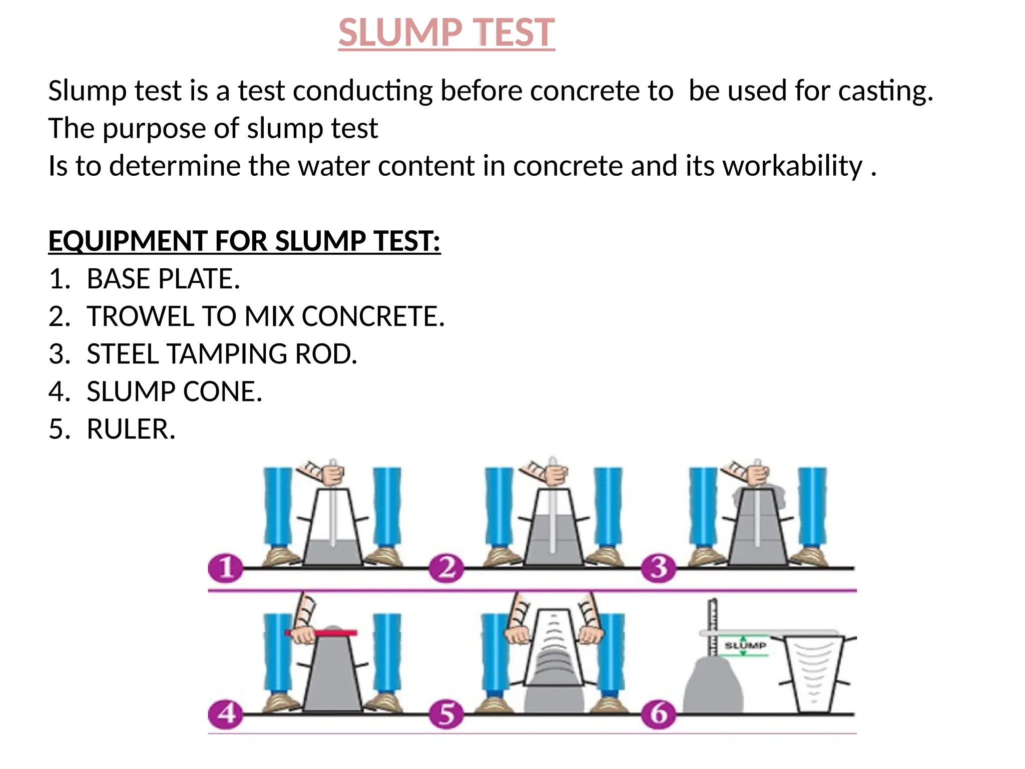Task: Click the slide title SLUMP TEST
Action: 446,33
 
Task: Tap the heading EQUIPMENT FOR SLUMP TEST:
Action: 244,241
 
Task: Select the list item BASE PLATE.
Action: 163,279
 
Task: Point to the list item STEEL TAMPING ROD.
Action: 222,354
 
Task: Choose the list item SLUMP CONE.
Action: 174,392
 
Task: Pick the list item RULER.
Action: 131,429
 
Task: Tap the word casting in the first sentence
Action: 885,91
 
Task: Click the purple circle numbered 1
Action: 226,568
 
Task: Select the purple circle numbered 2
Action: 446,568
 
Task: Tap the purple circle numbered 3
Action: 659,568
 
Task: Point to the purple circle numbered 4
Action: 226,713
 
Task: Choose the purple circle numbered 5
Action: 446,713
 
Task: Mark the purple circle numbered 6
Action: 659,713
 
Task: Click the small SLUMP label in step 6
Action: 745,645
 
